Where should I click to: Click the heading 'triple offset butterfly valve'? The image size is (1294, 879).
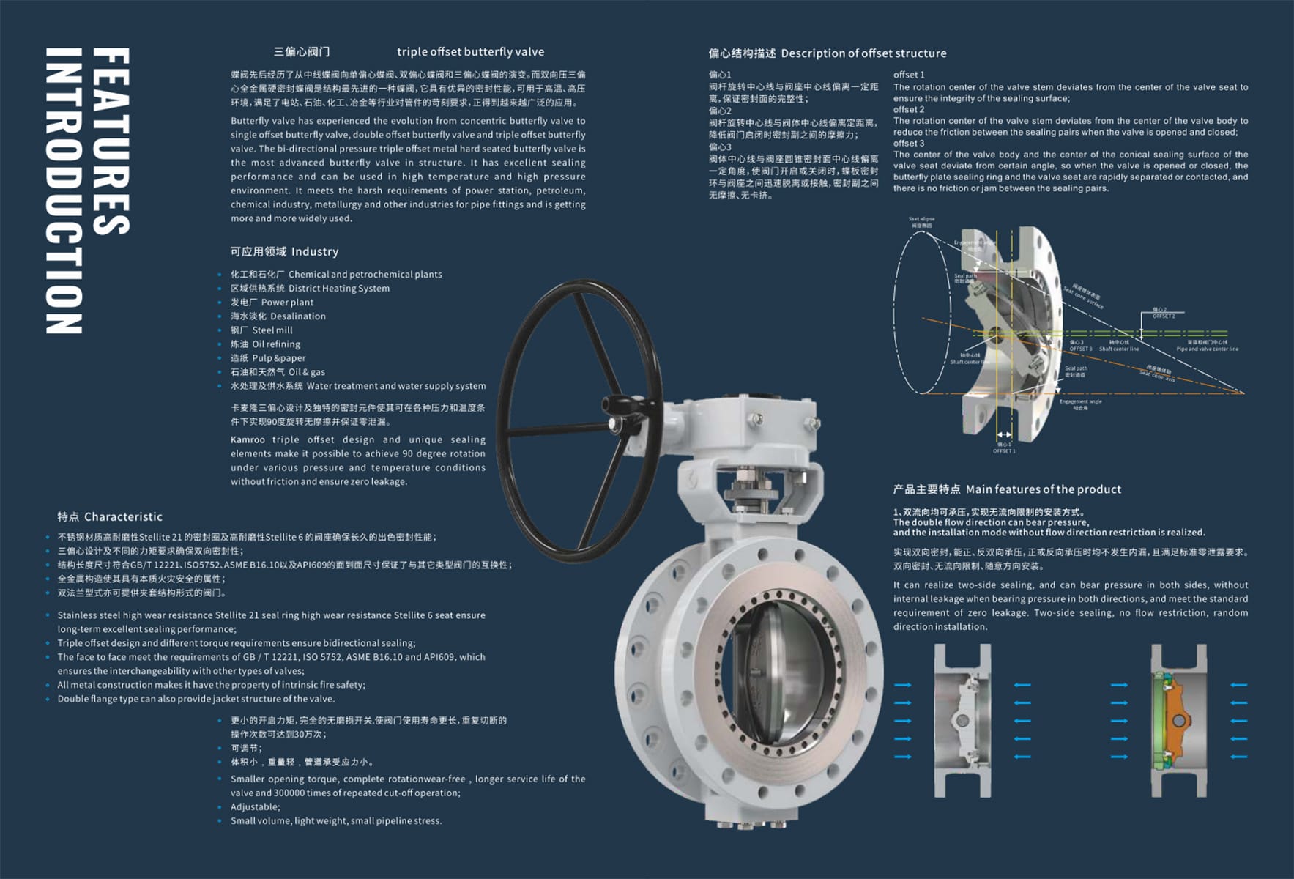470,52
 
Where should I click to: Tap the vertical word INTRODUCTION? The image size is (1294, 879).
64,191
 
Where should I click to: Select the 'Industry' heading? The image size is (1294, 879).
314,252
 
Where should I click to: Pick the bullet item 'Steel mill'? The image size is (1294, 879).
272,330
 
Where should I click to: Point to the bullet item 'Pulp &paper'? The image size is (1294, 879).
278,358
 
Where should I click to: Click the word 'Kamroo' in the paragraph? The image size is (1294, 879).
248,440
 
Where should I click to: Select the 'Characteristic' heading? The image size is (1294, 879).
123,517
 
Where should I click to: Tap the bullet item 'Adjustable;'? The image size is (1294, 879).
255,807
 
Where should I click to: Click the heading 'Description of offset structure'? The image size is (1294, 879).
863,53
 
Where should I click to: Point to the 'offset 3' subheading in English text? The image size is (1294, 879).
909,144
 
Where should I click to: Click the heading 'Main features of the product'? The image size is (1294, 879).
1043,489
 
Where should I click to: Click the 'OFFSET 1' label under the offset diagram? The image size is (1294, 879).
1004,451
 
